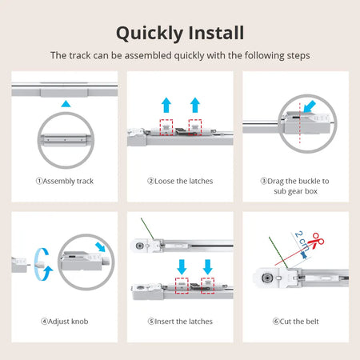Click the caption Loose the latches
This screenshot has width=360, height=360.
pos(180,181)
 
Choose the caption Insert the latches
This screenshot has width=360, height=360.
pos(180,321)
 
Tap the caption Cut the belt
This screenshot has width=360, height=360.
pos(295,321)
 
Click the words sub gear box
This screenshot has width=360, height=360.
pos(295,191)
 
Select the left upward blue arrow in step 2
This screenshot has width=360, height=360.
pos(166,104)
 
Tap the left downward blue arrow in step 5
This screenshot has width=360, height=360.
pos(181,264)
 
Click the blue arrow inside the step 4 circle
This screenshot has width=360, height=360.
pos(99,246)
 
